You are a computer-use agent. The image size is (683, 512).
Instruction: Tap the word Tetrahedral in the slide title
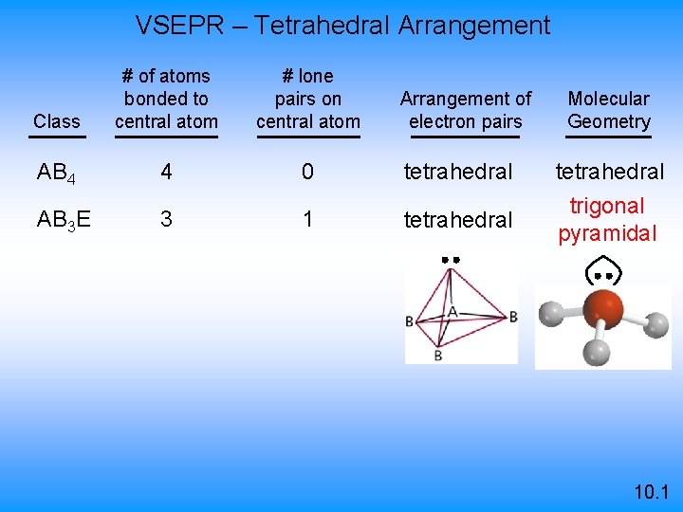pos(322,25)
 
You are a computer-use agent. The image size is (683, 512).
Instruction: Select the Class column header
pos(56,121)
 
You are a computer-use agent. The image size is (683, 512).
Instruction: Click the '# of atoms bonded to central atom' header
pos(166,99)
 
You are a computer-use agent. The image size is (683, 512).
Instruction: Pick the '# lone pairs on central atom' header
pos(308,99)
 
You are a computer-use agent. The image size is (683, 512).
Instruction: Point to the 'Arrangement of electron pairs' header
pos(466,110)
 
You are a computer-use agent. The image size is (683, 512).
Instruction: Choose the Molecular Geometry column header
pos(609,110)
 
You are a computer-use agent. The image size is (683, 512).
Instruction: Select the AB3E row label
pos(64,220)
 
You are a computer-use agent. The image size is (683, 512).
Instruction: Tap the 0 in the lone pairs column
pos(307,173)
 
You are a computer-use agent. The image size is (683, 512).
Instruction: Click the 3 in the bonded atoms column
pos(166,220)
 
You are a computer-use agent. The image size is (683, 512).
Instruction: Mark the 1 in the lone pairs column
pos(307,220)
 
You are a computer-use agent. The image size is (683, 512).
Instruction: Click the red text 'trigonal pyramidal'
pos(607,220)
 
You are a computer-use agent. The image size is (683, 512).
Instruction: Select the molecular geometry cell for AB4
pos(610,173)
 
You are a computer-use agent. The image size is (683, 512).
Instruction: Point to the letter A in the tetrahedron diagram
pos(452,311)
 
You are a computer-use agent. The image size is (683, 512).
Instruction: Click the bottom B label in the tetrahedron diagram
pos(437,356)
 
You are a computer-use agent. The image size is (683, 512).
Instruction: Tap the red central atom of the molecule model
pos(603,308)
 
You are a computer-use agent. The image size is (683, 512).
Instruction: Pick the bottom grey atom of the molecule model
pos(596,353)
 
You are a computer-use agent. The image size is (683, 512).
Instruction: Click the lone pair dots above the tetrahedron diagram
pos(450,259)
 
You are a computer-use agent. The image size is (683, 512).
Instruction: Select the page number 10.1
pos(653,492)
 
